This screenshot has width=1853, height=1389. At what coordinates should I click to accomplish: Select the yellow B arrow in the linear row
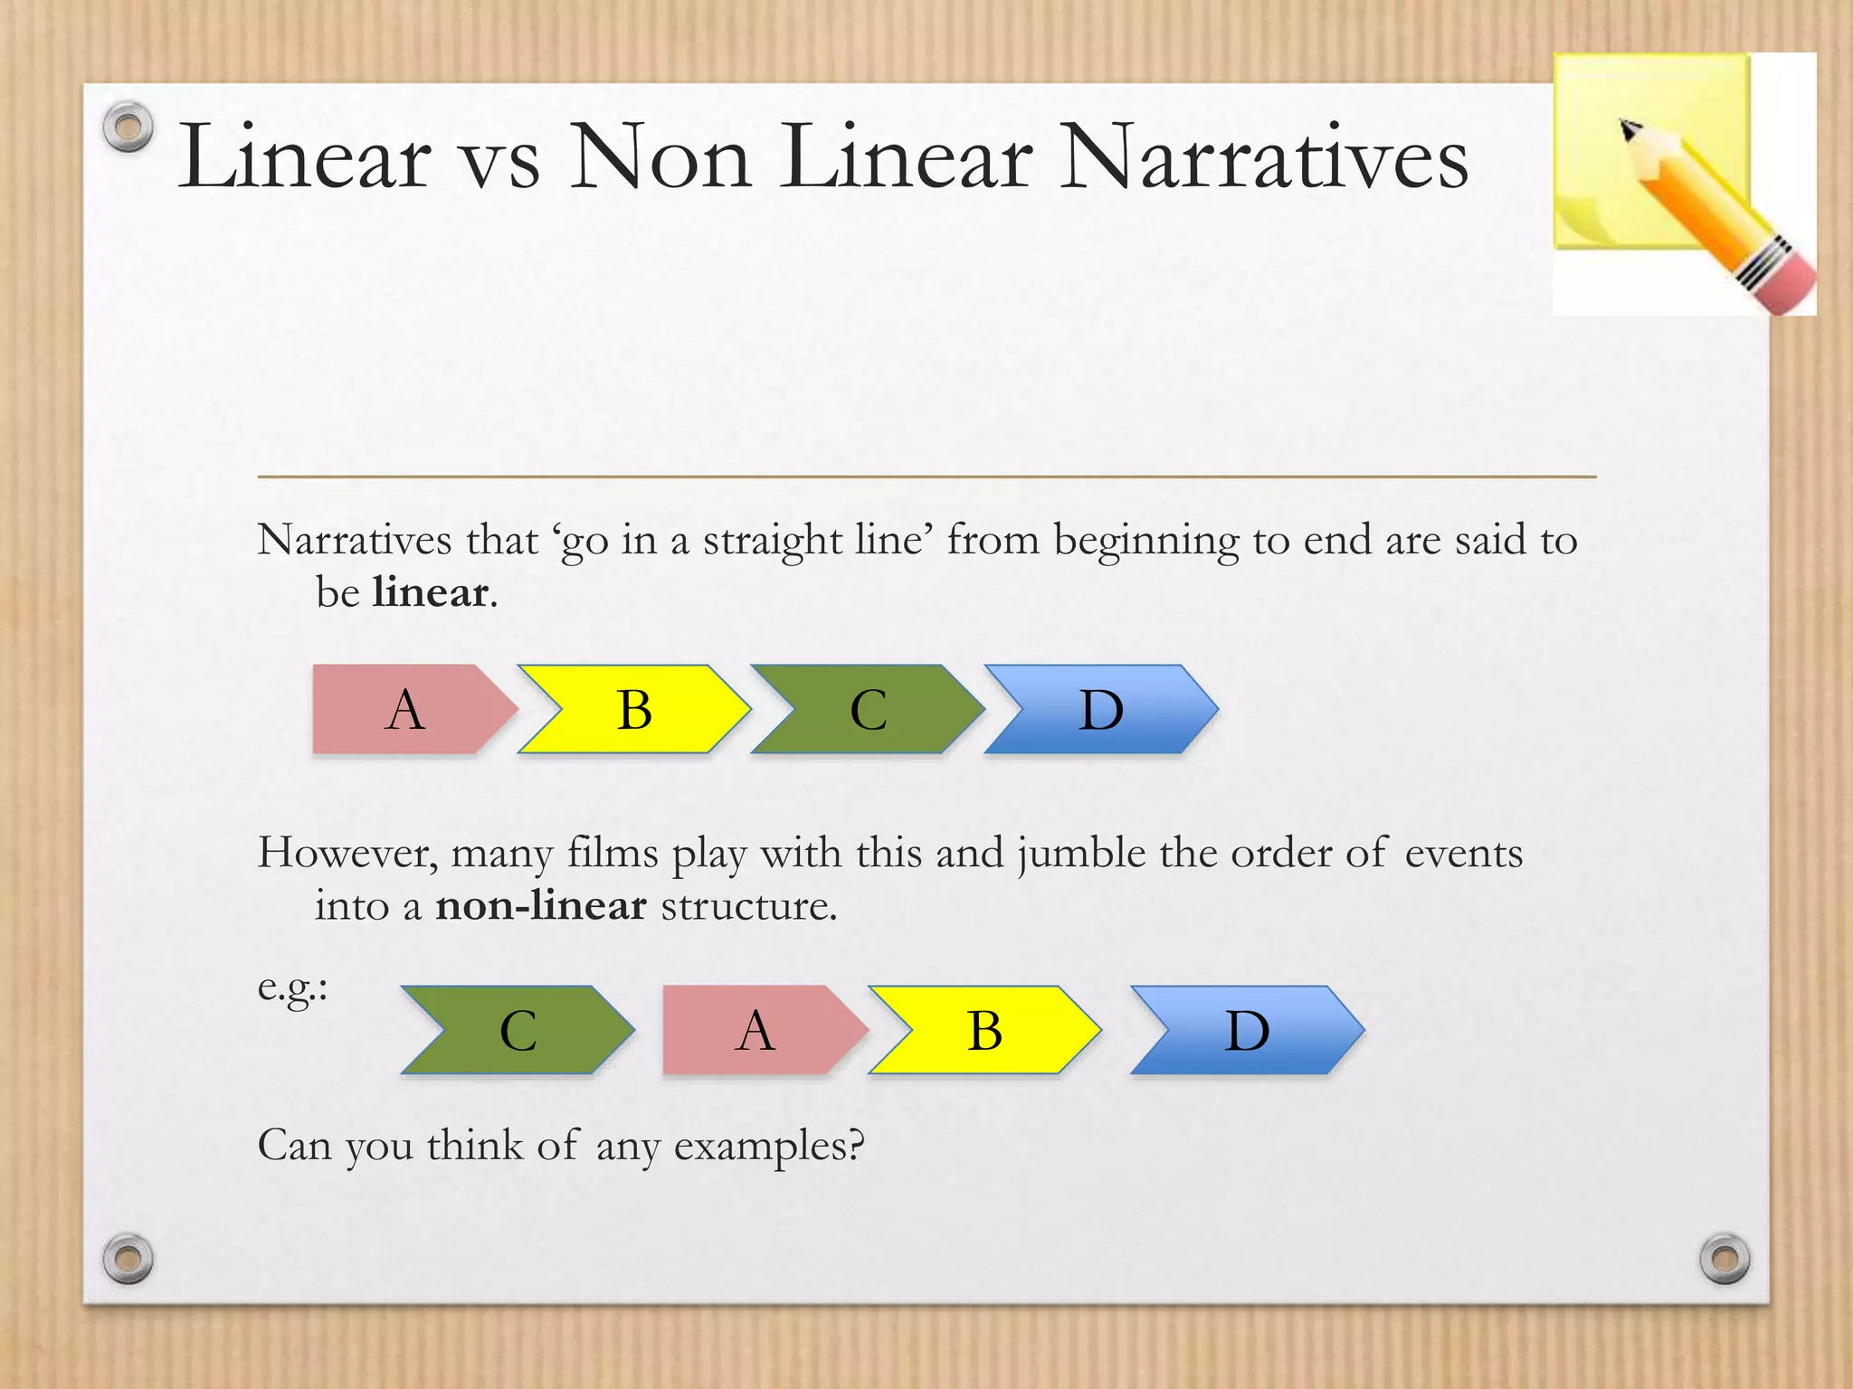[634, 709]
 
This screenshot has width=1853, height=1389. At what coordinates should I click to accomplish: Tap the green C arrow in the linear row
[868, 709]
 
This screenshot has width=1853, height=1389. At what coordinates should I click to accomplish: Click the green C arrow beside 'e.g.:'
[518, 1030]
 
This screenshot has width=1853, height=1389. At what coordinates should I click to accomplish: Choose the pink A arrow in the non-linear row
[756, 1030]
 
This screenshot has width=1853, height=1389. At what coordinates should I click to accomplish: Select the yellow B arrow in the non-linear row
[984, 1030]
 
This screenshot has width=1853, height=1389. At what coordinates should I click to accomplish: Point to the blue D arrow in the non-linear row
[1247, 1030]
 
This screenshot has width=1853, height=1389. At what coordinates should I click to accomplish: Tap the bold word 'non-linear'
[541, 906]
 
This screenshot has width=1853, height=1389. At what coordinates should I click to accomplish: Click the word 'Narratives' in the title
[1263, 157]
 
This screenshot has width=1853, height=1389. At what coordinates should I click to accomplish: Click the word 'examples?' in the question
[769, 1147]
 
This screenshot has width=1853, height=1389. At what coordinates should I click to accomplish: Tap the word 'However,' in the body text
[347, 854]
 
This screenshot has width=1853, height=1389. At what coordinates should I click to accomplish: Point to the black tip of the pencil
[1628, 128]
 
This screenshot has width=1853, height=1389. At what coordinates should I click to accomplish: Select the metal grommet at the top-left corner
[128, 127]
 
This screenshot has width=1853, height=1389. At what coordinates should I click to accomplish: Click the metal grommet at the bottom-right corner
[1725, 1258]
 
